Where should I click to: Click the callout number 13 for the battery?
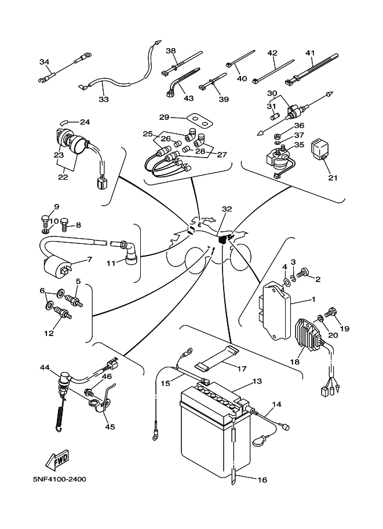pyautogui.click(x=257, y=381)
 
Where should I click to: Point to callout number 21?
pyautogui.click(x=332, y=178)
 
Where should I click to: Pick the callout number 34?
pyautogui.click(x=45, y=62)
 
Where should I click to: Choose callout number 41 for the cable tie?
pyautogui.click(x=310, y=53)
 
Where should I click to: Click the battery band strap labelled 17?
pyautogui.click(x=218, y=359)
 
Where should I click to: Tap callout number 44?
pyautogui.click(x=45, y=367)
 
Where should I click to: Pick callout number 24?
pyautogui.click(x=85, y=122)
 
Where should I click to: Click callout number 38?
pyautogui.click(x=170, y=50)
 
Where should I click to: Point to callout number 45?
pyautogui.click(x=110, y=426)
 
